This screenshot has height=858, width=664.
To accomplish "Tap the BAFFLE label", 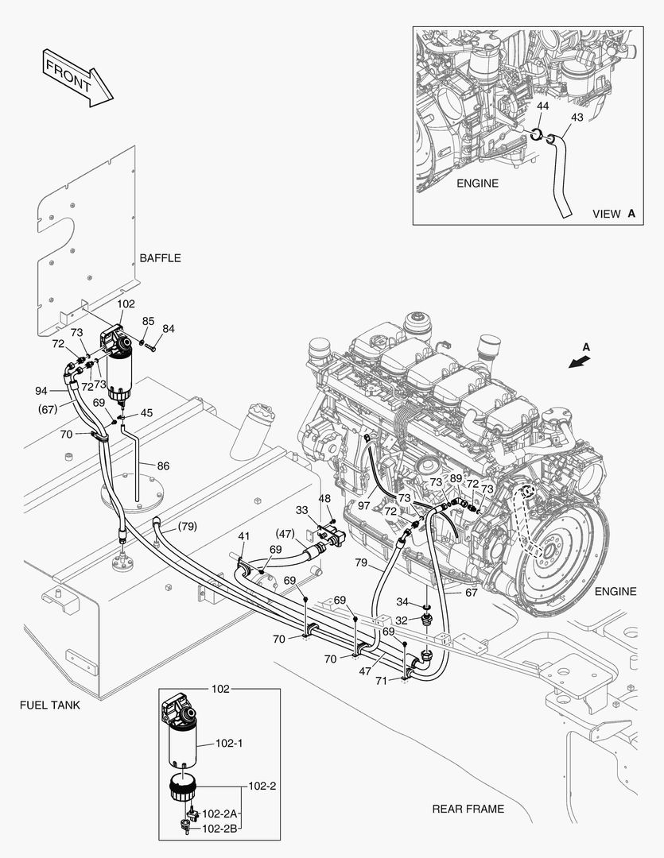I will click(160, 258).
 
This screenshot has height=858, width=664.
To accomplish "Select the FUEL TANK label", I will click(50, 704).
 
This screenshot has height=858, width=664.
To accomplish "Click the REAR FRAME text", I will click(468, 809).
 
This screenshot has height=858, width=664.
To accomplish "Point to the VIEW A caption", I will click(614, 214).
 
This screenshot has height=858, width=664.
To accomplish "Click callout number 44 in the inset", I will click(542, 106).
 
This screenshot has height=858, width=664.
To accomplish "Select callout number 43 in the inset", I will click(577, 117).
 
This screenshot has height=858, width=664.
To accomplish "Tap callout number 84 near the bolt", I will click(168, 328).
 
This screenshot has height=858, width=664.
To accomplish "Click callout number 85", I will click(148, 321).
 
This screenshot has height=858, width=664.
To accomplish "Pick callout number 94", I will click(42, 391).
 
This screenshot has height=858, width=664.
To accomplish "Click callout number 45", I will click(147, 413).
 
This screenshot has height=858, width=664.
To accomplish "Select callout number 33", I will click(302, 509).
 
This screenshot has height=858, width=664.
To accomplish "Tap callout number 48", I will click(324, 498).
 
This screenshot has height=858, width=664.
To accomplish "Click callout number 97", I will click(363, 505).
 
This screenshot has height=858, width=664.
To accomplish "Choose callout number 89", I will click(456, 478).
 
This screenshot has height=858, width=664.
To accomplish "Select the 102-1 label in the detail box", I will click(229, 744).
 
